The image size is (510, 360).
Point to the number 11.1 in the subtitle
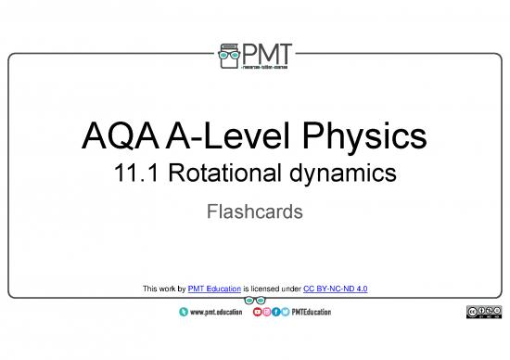point(129,174)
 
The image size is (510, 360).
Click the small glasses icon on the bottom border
point(253,301)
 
